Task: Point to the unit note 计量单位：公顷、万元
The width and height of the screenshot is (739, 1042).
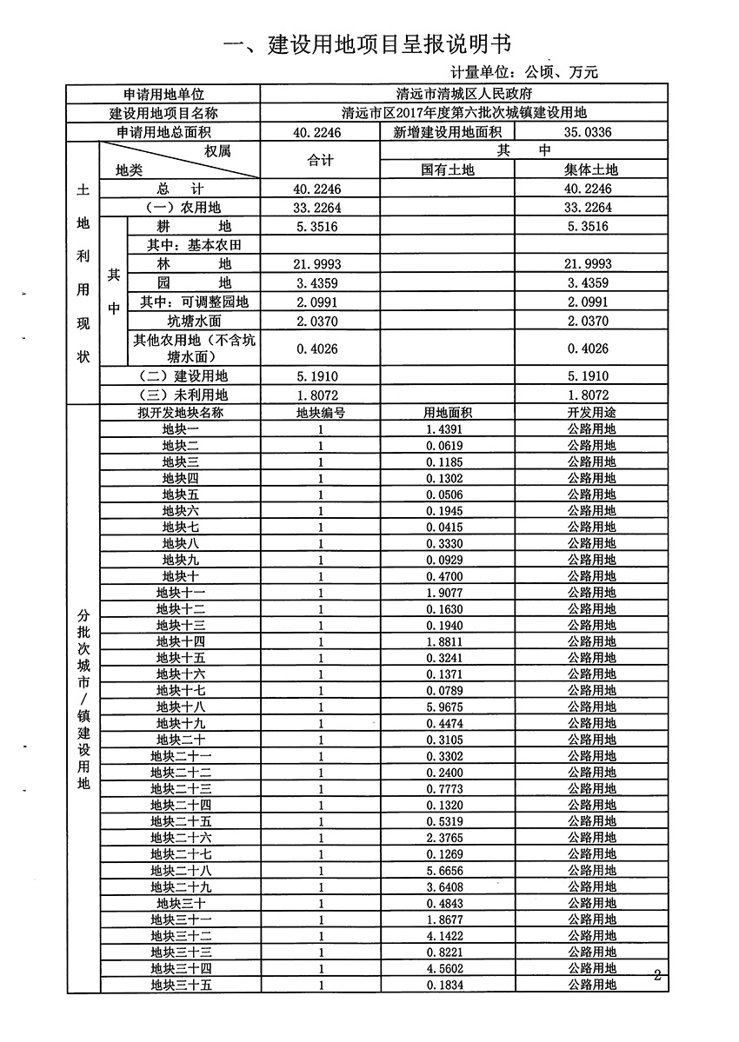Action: (x=524, y=72)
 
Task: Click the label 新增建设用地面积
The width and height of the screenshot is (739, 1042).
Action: (x=447, y=132)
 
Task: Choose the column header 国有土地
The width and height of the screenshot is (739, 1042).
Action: (x=448, y=169)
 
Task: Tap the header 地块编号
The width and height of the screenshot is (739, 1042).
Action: (x=320, y=413)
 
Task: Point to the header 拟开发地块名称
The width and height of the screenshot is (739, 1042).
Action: (x=180, y=413)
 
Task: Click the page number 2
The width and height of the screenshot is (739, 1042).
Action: (x=657, y=975)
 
